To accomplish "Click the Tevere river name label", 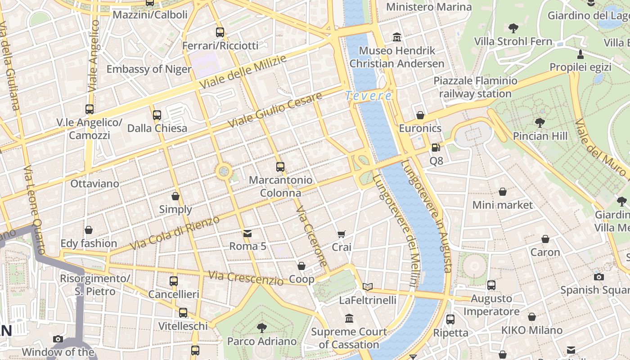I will pyautogui.click(x=369, y=96).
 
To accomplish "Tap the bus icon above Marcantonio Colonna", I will pyautogui.click(x=280, y=167).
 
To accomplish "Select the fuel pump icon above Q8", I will pyautogui.click(x=436, y=147).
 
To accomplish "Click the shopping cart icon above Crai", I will pyautogui.click(x=342, y=234).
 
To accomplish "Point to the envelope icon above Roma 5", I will pyautogui.click(x=247, y=233).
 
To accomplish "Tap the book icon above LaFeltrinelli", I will pyautogui.click(x=368, y=287).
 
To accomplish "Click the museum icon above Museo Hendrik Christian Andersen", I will pyautogui.click(x=397, y=37).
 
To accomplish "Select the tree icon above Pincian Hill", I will pyautogui.click(x=540, y=122).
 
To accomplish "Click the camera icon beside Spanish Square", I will pyautogui.click(x=598, y=277).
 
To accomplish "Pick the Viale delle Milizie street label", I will pyautogui.click(x=243, y=72).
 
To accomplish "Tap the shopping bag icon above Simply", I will pyautogui.click(x=175, y=196).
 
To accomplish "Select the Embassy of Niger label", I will pyautogui.click(x=149, y=69).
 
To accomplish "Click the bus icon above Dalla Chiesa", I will pyautogui.click(x=157, y=115).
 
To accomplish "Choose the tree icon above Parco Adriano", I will pyautogui.click(x=261, y=328).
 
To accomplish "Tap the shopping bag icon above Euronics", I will pyautogui.click(x=420, y=115).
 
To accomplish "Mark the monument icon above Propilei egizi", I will pyautogui.click(x=580, y=54).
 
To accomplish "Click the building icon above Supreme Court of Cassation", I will pyautogui.click(x=349, y=319).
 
